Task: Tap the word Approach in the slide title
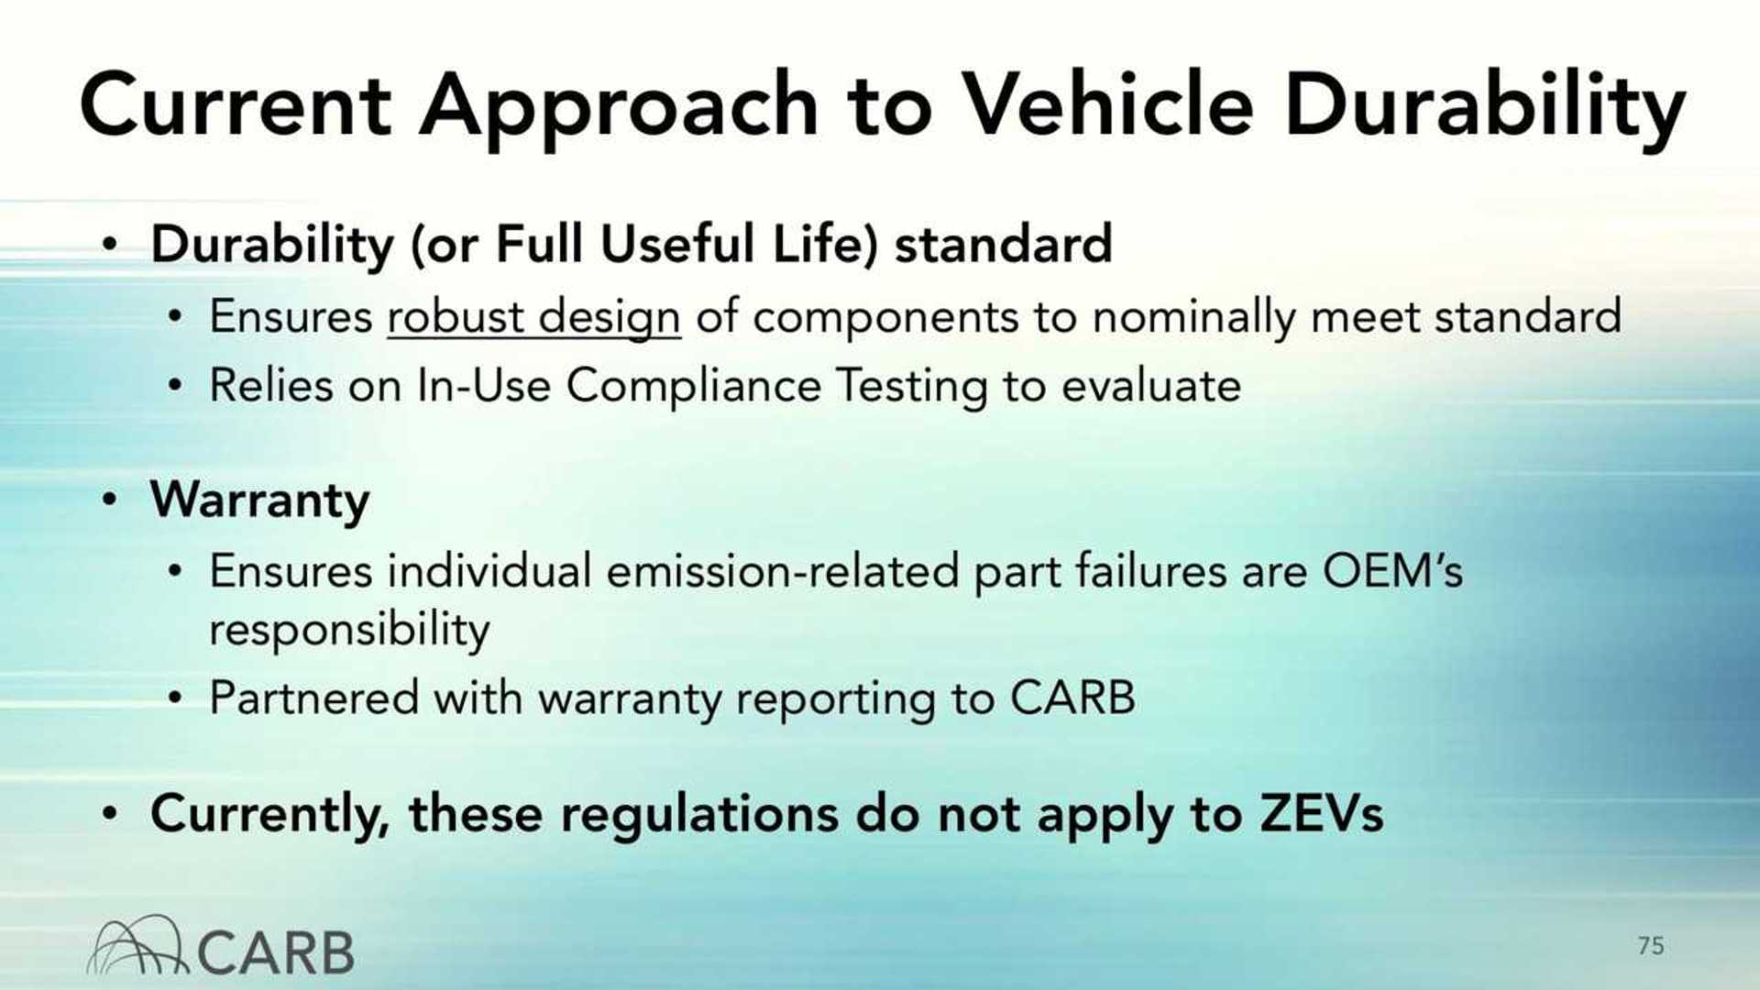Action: (x=619, y=108)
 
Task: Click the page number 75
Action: (x=1650, y=945)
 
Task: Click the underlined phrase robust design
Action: (x=533, y=317)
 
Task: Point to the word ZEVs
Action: (x=1321, y=813)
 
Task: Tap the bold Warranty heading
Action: (x=259, y=500)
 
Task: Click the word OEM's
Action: (x=1391, y=571)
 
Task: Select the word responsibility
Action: (x=349, y=630)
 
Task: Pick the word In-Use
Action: (x=483, y=385)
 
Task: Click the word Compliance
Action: (x=693, y=385)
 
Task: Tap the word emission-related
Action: (x=782, y=571)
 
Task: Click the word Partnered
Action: (x=313, y=698)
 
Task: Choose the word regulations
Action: (x=698, y=814)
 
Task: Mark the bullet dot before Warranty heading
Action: (x=110, y=500)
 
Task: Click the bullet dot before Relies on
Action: (x=175, y=386)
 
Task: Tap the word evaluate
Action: (x=1150, y=385)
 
